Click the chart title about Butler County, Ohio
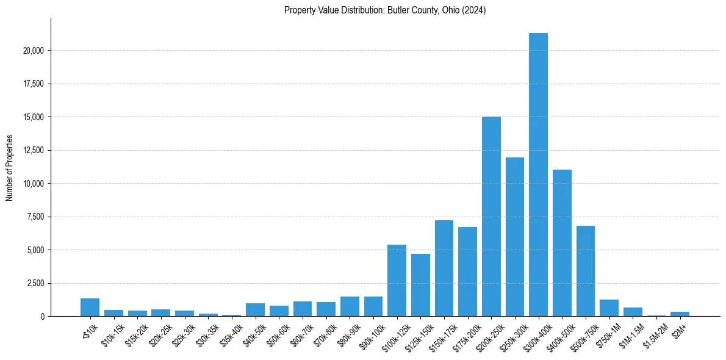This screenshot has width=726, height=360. [x=384, y=10]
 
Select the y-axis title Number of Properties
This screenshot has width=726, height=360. [x=10, y=168]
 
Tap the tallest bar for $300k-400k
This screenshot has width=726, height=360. [x=538, y=175]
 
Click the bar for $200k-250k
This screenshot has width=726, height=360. [x=491, y=217]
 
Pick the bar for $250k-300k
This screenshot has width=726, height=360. [x=515, y=237]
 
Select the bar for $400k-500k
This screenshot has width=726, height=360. [x=562, y=243]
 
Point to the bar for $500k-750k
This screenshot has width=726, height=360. [x=586, y=271]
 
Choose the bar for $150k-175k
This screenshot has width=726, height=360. [x=444, y=268]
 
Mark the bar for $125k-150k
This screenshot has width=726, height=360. [x=420, y=285]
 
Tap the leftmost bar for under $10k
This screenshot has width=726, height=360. [x=90, y=308]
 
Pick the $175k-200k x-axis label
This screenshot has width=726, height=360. [x=465, y=333]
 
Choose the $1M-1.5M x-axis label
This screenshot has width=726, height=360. [x=630, y=333]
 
